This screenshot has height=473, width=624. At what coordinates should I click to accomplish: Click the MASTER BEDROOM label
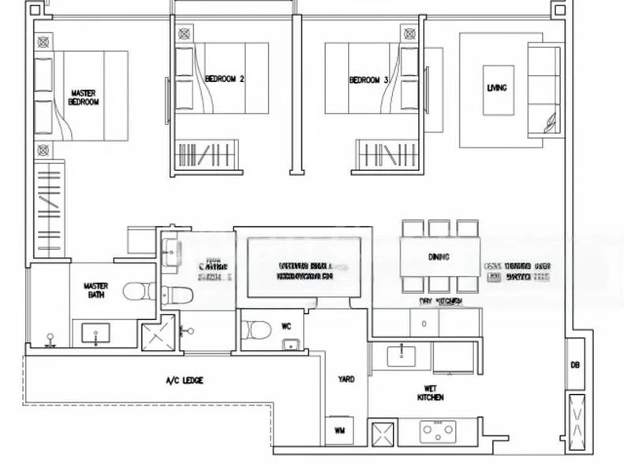(84, 97)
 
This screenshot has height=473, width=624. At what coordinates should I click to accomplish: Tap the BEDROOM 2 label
(225, 79)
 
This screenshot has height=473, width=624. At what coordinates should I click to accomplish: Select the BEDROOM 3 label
(368, 80)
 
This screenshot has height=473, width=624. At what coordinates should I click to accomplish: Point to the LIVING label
(497, 88)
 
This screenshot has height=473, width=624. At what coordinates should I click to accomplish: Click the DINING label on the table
(439, 257)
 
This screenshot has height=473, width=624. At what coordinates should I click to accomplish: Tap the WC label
(286, 325)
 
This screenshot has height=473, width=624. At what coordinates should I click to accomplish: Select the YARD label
(346, 379)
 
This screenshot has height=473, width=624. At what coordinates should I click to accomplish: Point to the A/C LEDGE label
(184, 381)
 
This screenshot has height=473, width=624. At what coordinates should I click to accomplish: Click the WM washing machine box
(340, 430)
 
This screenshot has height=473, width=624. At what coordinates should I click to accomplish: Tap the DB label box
(575, 364)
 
